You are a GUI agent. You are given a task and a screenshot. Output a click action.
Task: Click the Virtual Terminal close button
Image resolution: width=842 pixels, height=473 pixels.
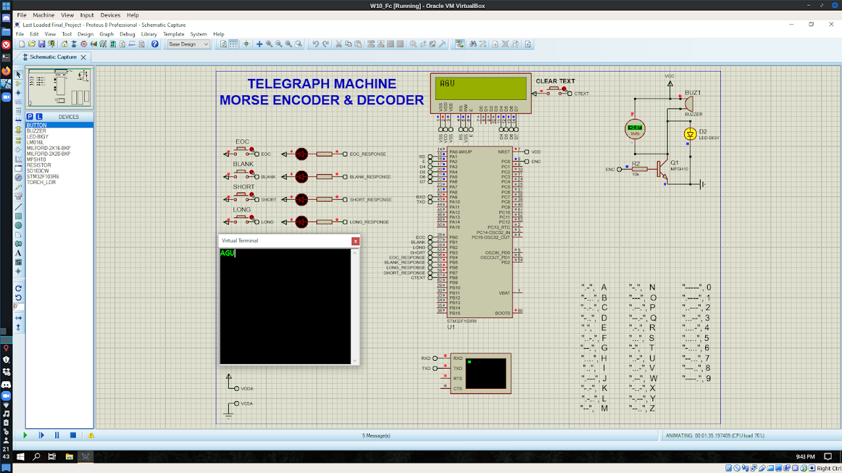(355, 241)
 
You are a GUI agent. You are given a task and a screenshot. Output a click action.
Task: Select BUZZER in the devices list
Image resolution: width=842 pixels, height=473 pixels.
(37, 131)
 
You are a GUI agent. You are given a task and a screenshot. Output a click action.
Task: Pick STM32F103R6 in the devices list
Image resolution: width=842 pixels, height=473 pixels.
(43, 177)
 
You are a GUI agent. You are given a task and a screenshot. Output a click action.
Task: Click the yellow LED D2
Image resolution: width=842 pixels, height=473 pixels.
(690, 134)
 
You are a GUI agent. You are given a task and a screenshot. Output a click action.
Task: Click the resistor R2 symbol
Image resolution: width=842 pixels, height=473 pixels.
(635, 169)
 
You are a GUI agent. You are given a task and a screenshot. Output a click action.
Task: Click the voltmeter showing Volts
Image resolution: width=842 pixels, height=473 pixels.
(635, 129)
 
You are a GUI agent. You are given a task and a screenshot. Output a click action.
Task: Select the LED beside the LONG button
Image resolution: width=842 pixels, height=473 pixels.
(301, 222)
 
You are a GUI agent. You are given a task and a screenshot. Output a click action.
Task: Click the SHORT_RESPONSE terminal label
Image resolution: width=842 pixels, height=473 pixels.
(370, 200)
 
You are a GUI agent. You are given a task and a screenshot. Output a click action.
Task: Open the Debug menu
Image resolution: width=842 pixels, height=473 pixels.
(127, 34)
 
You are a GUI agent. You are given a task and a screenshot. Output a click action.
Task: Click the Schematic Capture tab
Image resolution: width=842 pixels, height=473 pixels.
(53, 57)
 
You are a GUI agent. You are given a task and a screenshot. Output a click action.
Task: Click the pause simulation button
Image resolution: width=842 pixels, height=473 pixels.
(57, 435)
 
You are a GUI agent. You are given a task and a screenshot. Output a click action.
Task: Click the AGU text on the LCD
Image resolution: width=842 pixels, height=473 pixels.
(447, 84)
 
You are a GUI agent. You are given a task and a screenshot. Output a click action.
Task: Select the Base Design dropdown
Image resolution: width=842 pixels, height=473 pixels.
(188, 44)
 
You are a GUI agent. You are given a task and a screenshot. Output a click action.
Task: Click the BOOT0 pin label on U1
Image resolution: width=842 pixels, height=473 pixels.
(503, 313)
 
